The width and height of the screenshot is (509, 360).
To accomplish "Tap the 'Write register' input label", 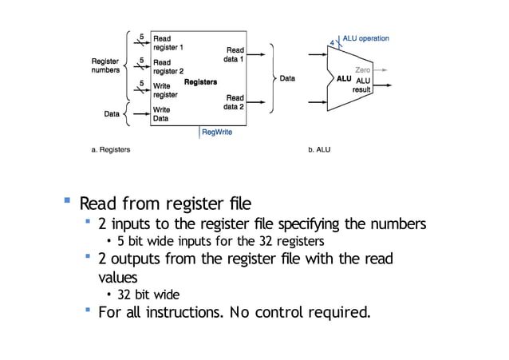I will [165, 90].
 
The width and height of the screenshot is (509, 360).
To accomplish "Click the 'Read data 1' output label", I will [235, 54].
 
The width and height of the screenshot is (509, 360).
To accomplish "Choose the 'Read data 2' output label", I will [235, 102].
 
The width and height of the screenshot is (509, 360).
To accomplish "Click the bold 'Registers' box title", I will [200, 82].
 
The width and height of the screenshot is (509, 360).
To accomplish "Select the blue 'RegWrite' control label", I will [217, 133].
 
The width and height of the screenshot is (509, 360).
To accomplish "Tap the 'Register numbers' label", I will [105, 65].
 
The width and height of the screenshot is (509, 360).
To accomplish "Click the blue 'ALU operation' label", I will [365, 38].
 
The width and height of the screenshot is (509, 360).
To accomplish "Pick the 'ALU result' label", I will [363, 85].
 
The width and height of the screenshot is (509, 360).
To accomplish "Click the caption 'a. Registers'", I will [110, 149].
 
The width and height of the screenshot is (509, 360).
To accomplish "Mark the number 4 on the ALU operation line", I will [332, 42].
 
